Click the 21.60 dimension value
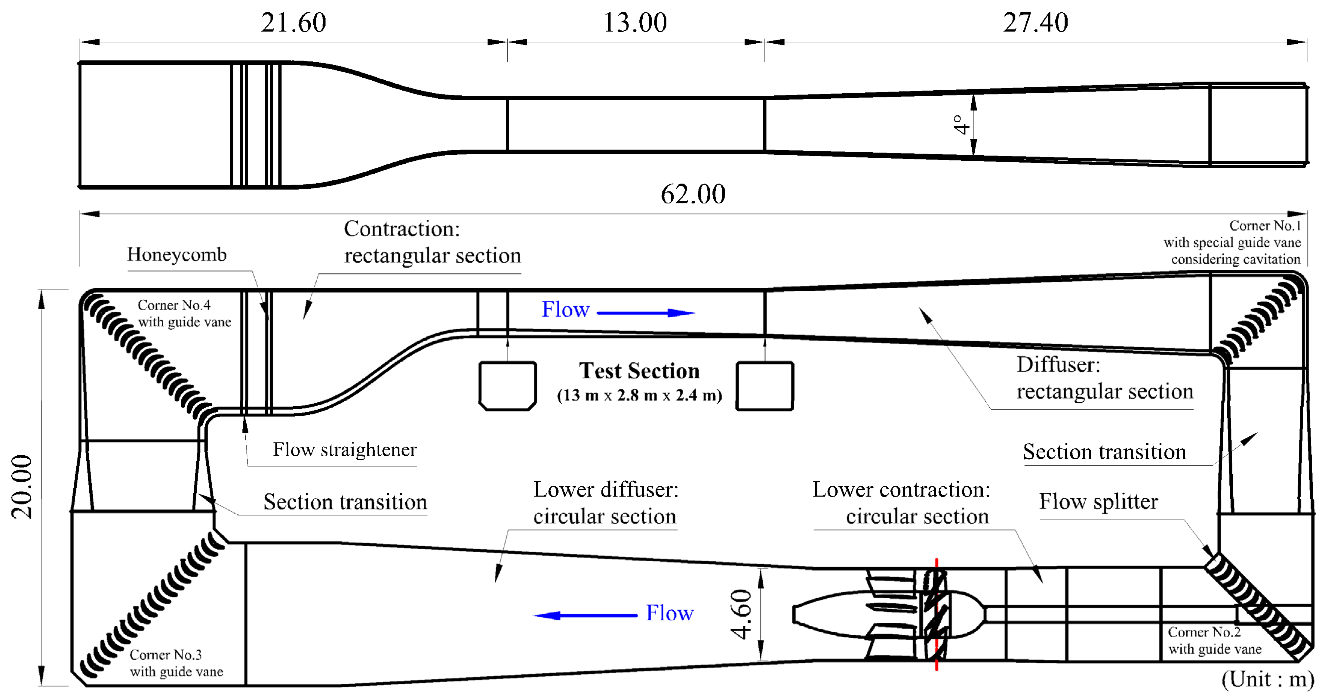click(x=293, y=23)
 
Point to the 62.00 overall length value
click(x=693, y=194)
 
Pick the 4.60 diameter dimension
click(x=742, y=614)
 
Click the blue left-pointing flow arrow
click(x=585, y=615)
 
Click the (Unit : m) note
click(x=1268, y=679)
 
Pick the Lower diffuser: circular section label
click(x=605, y=503)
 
